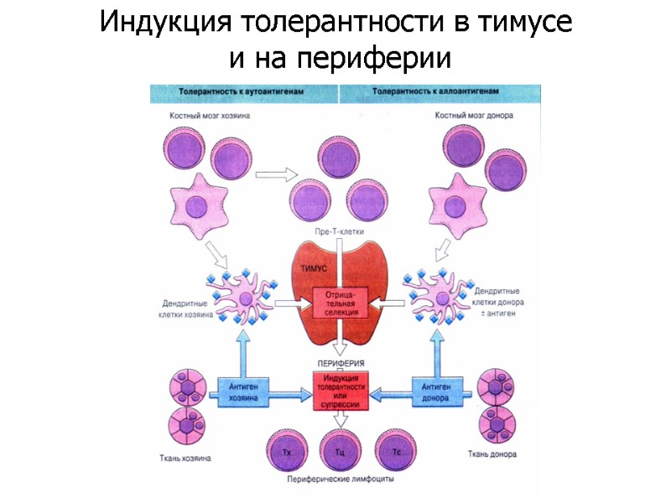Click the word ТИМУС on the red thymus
point(312,268)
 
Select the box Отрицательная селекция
point(341,304)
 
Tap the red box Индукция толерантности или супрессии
point(341,392)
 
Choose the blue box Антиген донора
point(437,392)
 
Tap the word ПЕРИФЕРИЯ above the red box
point(339,364)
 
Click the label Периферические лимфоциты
point(341,480)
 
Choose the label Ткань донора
point(492,455)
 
